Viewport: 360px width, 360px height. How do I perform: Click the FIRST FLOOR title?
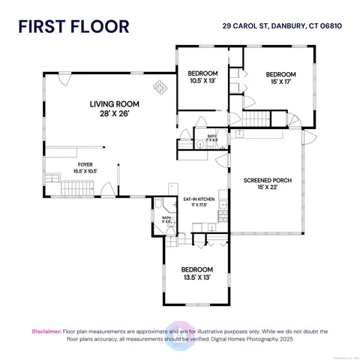[73, 27]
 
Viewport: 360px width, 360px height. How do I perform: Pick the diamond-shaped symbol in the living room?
[159, 85]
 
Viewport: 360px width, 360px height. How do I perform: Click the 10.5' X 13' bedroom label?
[200, 76]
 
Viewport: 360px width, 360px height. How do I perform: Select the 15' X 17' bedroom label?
[280, 79]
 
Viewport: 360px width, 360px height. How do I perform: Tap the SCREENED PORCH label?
[265, 184]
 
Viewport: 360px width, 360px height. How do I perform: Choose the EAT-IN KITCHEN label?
[199, 201]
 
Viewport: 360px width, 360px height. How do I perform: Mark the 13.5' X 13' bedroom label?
[196, 273]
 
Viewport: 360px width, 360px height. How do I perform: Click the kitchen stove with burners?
[222, 217]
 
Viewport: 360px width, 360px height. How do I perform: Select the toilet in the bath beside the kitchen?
[160, 205]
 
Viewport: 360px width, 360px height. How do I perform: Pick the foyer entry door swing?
[107, 190]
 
